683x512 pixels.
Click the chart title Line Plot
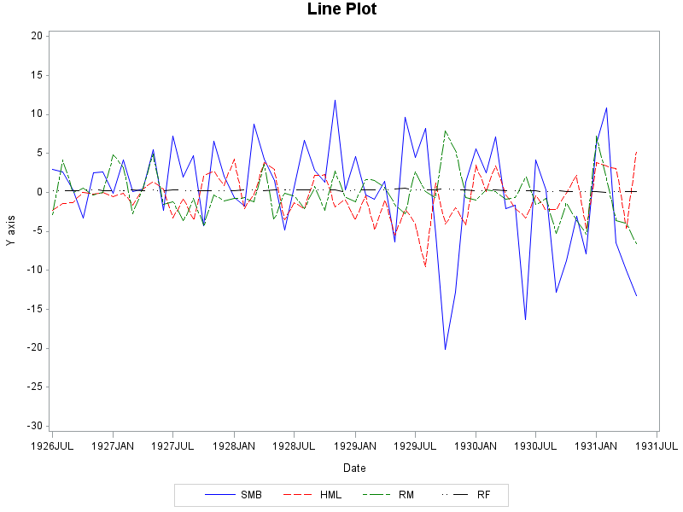click(x=341, y=10)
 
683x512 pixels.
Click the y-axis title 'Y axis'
click(x=10, y=230)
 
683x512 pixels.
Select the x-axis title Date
click(x=354, y=468)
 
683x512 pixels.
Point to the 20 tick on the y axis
click(x=37, y=36)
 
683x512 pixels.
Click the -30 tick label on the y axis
click(x=35, y=426)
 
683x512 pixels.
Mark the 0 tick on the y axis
click(x=39, y=192)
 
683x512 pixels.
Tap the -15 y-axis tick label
click(x=35, y=309)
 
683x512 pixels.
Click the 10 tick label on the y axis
click(x=37, y=114)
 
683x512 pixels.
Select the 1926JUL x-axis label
click(x=52, y=445)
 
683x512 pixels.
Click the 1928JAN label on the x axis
click(x=234, y=445)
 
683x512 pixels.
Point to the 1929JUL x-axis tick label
click(x=416, y=445)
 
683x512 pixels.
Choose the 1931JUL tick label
click(x=657, y=445)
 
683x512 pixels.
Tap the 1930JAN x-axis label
click(x=476, y=445)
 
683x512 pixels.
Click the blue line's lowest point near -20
click(x=445, y=349)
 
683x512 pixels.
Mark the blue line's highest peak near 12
click(x=335, y=100)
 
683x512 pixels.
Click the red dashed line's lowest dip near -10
click(x=425, y=267)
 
